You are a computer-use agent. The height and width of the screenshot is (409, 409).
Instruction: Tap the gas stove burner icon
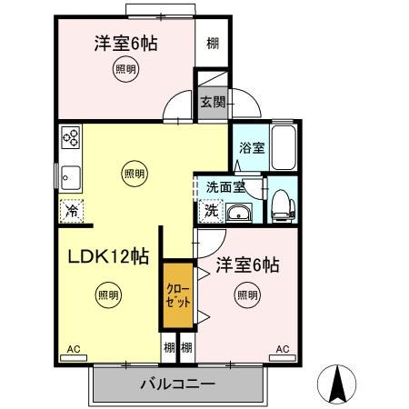pos(71,137)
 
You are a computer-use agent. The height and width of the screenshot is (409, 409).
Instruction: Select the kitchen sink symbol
pos(69,176)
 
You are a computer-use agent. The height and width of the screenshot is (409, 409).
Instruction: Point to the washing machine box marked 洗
pos(210,211)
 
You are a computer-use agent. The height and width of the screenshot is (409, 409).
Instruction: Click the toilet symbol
pos(281,203)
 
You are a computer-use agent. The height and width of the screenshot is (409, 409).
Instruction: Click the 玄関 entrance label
pos(213,102)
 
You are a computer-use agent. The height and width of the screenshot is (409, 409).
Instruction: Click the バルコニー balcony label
pos(177,383)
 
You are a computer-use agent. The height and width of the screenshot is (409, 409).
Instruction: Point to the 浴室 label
pos(252,148)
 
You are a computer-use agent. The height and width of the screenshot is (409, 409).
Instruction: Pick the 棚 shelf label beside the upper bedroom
pos(213,43)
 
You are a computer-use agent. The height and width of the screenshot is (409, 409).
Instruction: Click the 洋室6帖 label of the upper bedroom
pos(126,43)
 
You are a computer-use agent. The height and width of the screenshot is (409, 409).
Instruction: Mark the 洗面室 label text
pos(224,187)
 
